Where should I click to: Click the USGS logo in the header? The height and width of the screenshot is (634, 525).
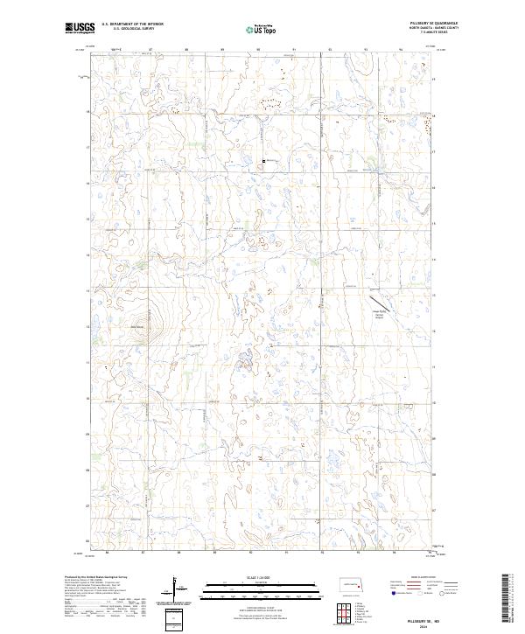[80, 28]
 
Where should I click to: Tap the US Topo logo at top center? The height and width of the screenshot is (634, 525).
[262, 29]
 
